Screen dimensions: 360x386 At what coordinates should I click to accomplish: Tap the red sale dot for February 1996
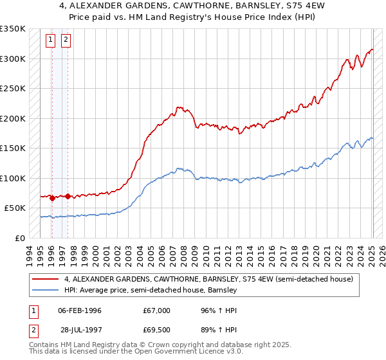[x=51, y=198]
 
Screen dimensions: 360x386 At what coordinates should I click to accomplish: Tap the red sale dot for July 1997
[x=68, y=196]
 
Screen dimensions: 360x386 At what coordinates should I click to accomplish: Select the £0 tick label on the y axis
[x=19, y=238]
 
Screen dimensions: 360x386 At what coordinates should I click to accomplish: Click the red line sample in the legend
[x=46, y=280]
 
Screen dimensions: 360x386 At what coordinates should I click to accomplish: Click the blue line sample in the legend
[x=46, y=291]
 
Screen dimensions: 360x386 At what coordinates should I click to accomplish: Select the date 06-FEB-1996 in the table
[x=80, y=310]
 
